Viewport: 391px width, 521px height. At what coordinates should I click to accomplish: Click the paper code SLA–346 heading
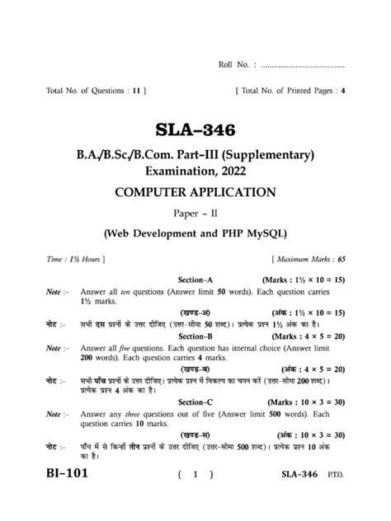tap(195, 130)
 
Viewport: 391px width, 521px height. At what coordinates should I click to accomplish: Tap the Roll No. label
tap(235, 63)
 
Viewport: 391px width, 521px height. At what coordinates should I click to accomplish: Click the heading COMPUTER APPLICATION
tap(195, 193)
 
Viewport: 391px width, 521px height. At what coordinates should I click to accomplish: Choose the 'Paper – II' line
tap(195, 214)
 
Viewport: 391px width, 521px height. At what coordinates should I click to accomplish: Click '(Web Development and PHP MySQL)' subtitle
tap(195, 233)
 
